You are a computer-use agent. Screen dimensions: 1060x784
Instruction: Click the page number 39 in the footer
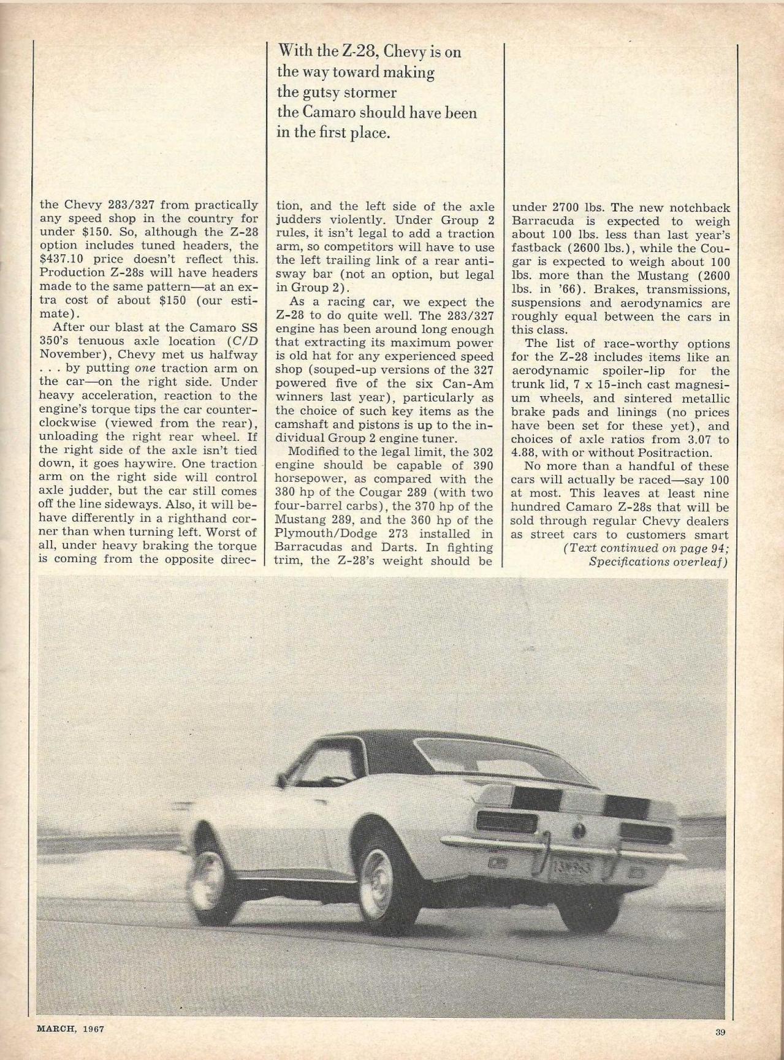(720, 1032)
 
